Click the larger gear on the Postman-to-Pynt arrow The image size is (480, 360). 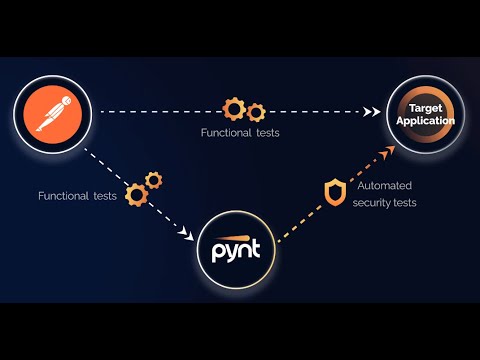137,193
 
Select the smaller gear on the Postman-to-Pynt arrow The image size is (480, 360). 153,179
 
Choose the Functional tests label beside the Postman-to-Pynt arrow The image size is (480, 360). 77,196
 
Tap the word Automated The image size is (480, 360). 385,185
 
